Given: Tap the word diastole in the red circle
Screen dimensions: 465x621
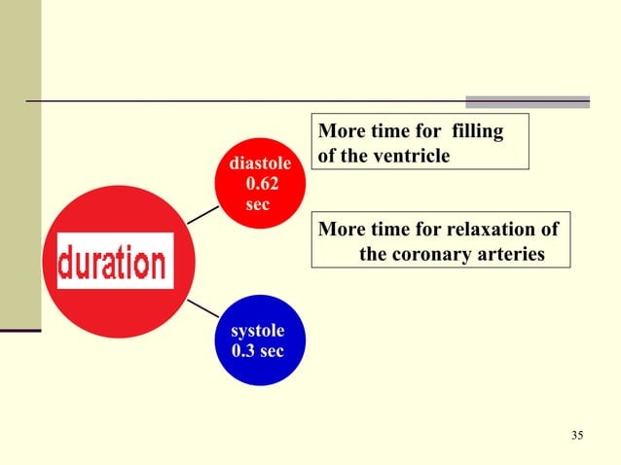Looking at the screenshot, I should tap(258, 165).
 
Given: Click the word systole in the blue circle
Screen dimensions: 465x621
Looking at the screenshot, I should tap(258, 332).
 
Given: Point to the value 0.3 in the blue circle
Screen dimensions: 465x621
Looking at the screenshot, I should tap(245, 350).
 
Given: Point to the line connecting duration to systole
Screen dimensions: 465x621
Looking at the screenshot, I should tap(202, 308).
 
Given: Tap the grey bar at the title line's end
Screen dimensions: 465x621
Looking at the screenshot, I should tap(528, 101).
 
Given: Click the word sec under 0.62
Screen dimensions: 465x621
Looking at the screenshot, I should tap(258, 205).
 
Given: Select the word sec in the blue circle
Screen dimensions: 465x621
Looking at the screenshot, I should tap(272, 350).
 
